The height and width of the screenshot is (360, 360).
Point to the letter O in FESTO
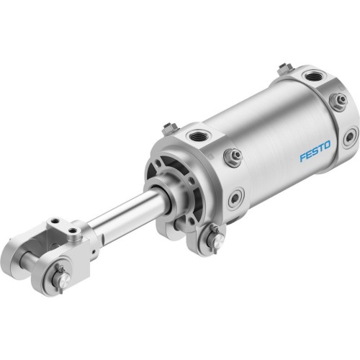point(327,145)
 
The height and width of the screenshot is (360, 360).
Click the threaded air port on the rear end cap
point(314,76)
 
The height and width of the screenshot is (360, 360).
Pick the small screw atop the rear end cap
point(285,68)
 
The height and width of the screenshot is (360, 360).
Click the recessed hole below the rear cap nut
point(349,136)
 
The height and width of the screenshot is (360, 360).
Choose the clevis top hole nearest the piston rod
point(74,231)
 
